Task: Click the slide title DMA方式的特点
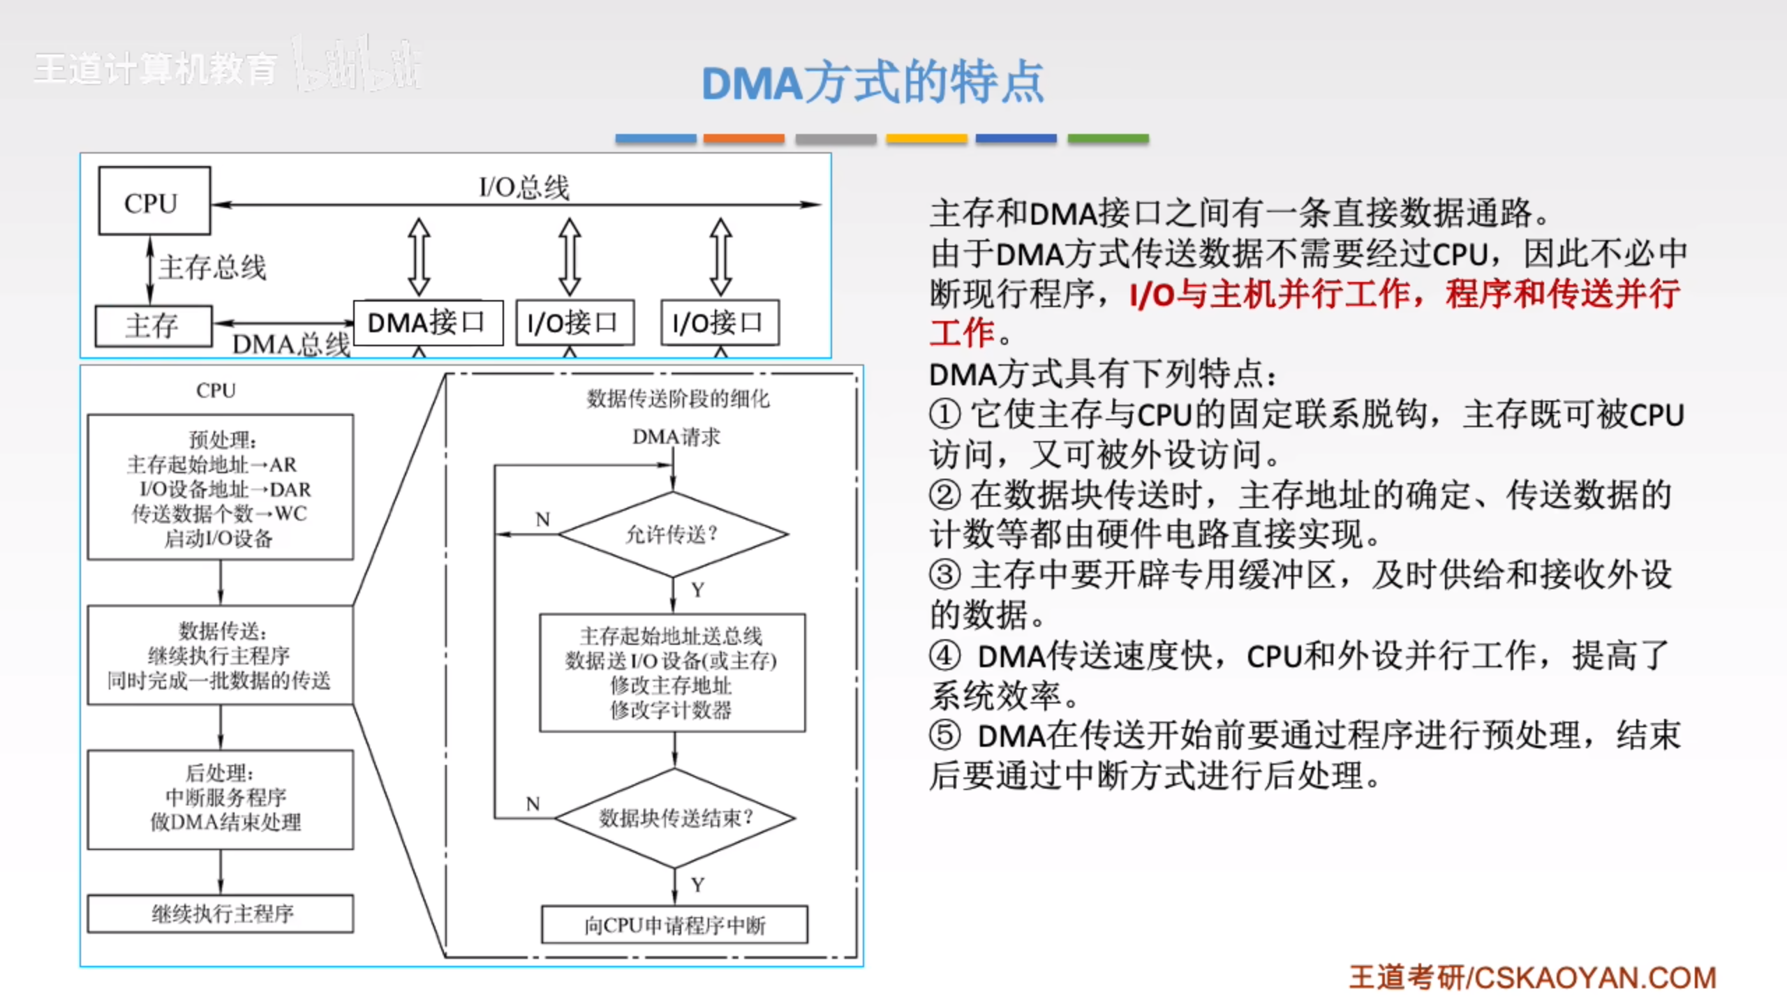coord(873,83)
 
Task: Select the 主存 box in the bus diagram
coord(153,326)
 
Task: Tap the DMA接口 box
coord(427,323)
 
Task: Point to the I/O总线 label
coord(524,187)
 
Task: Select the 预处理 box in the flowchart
coord(220,487)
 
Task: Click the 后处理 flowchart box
coord(220,799)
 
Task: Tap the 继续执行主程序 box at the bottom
coord(220,914)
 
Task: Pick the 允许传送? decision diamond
coord(673,535)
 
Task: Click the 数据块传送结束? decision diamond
coord(674,818)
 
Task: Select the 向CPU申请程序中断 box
coord(674,925)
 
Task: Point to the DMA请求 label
coord(676,437)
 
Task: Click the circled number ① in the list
coord(944,415)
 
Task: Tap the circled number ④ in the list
coord(944,656)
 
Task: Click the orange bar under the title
coord(743,138)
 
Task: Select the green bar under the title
coord(1108,138)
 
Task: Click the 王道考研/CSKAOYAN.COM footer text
coord(1532,978)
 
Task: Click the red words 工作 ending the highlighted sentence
coord(962,333)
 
